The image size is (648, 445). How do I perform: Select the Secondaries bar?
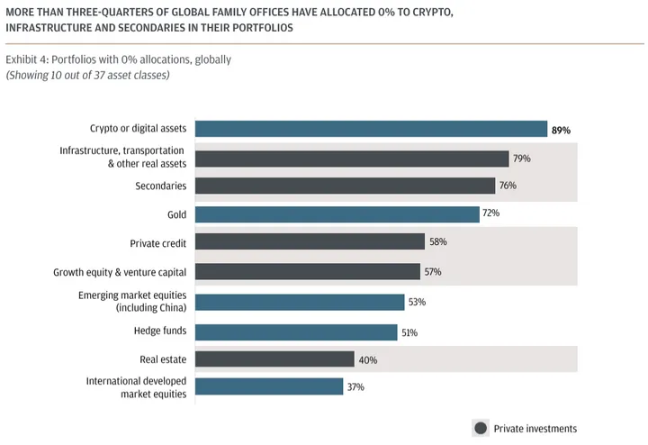pyautogui.click(x=345, y=186)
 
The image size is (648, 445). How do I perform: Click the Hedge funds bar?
pyautogui.click(x=296, y=332)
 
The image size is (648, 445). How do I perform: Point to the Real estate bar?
pyautogui.click(x=274, y=359)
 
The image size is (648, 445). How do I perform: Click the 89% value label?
pyautogui.click(x=561, y=131)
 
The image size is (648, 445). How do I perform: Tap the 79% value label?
pyautogui.click(x=522, y=159)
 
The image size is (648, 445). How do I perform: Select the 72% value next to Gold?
pyautogui.click(x=491, y=214)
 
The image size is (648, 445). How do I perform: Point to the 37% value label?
pyautogui.click(x=355, y=386)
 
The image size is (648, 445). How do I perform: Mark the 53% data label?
pyautogui.click(x=416, y=303)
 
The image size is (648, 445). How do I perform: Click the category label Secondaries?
pyautogui.click(x=161, y=186)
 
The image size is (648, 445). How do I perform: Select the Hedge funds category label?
pyautogui.click(x=160, y=331)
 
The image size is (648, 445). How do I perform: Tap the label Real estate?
pyautogui.click(x=164, y=359)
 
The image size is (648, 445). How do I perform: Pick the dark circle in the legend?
pyautogui.click(x=481, y=428)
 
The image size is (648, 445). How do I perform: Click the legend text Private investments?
pyautogui.click(x=535, y=428)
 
